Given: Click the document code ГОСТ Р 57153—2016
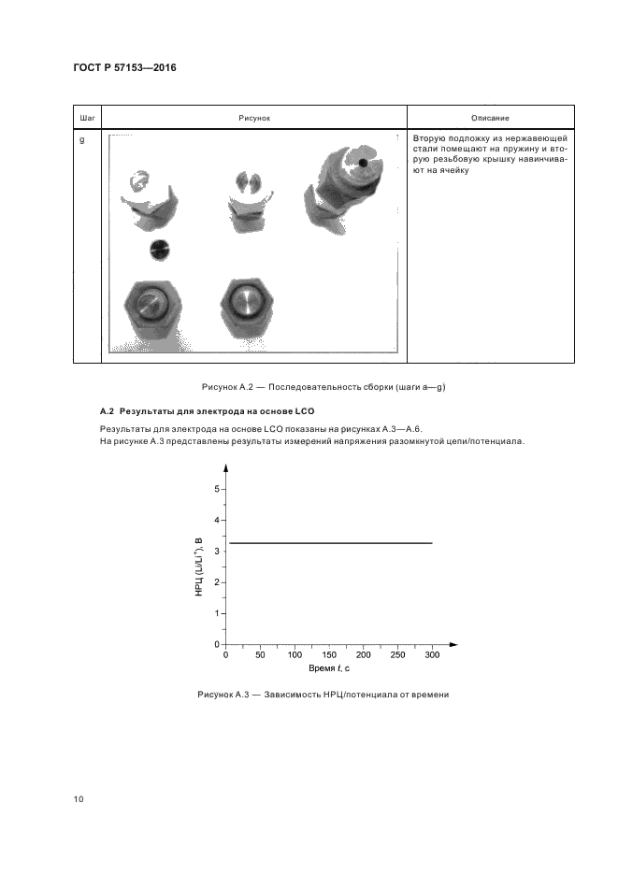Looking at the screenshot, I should pyautogui.click(x=124, y=68).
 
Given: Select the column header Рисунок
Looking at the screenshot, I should pyautogui.click(x=253, y=118).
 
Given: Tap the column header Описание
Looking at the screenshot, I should pyautogui.click(x=491, y=118).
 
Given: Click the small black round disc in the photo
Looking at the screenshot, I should pyautogui.click(x=160, y=250).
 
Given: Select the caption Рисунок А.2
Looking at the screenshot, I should pyautogui.click(x=309, y=387).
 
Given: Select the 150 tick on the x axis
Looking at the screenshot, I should pyautogui.click(x=329, y=655).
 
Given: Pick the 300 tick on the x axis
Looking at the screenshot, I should pyautogui.click(x=432, y=655).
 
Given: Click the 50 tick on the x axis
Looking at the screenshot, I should pyautogui.click(x=260, y=655).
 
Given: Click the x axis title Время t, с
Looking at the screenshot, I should pyautogui.click(x=329, y=669).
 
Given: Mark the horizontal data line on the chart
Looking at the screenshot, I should pyautogui.click(x=329, y=543).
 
